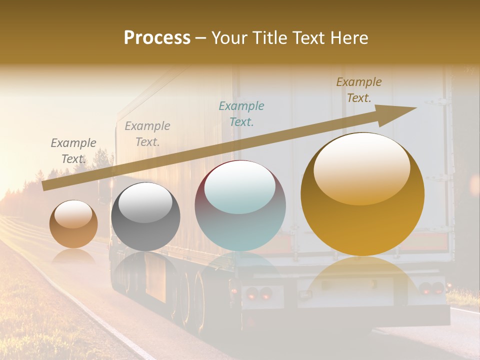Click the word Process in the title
[157, 38]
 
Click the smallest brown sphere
[73, 224]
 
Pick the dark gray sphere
[145, 216]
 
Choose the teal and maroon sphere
[240, 205]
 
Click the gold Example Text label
[359, 90]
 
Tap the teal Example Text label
[241, 113]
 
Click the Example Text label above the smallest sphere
[73, 150]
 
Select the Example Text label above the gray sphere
[147, 133]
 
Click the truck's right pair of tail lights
[431, 288]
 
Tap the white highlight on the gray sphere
[145, 202]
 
